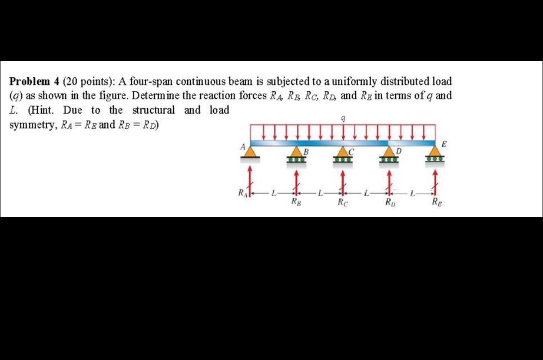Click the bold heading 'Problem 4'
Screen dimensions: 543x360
(x=34, y=81)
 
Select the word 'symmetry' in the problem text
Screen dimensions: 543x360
(x=32, y=125)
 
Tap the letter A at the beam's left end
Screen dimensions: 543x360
(x=244, y=145)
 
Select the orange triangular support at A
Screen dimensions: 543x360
(x=250, y=152)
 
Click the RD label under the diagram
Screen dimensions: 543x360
(x=389, y=203)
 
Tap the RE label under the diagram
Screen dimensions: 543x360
(x=436, y=203)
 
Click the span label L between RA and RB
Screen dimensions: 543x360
(x=273, y=194)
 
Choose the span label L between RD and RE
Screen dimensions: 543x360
(x=412, y=194)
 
